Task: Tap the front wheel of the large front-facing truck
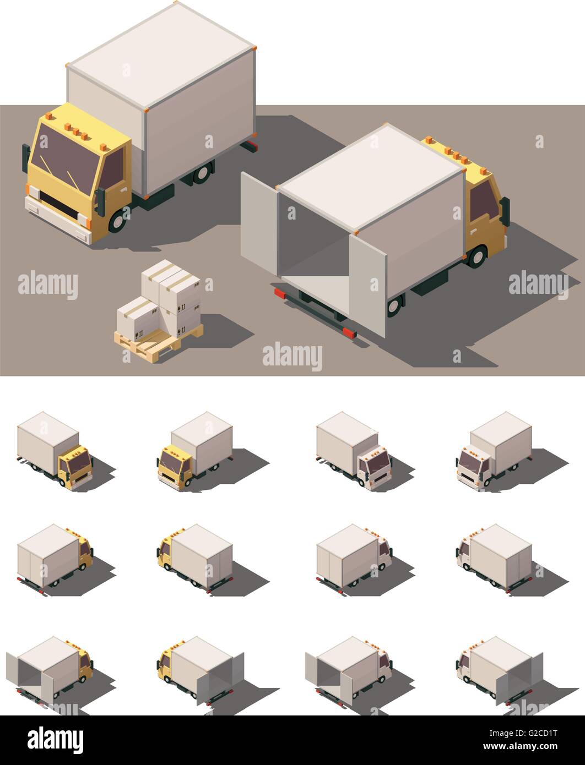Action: tap(117, 221)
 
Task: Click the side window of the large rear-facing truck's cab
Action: tap(483, 201)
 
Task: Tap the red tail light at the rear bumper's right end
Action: tap(349, 332)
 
